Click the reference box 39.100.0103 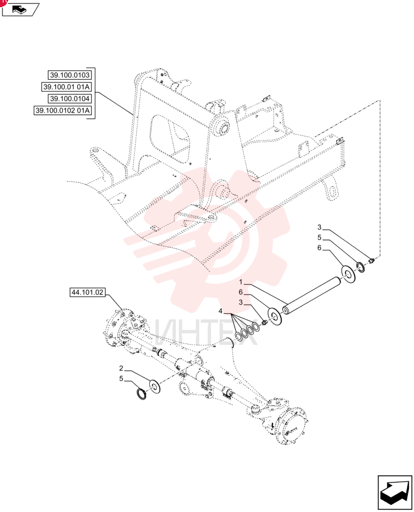coord(70,75)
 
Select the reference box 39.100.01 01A coord(66,87)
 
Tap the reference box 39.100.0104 coord(70,99)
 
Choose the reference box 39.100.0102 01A coord(63,111)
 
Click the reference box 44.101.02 coord(87,292)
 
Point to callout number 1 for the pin coord(241,282)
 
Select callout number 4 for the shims coord(220,311)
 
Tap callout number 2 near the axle coord(121,368)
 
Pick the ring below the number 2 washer coord(142,394)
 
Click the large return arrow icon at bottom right coord(395,493)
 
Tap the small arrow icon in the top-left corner coord(20,9)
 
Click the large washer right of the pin coord(348,274)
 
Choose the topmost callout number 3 coord(320,227)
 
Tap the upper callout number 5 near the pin coord(320,238)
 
